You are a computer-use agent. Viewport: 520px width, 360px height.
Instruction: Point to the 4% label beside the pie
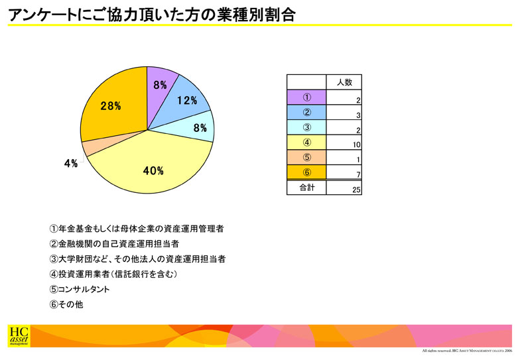(x=70, y=163)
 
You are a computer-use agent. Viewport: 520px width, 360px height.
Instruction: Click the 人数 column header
(x=344, y=82)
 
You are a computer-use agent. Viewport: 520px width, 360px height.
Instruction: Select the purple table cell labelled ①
(x=306, y=97)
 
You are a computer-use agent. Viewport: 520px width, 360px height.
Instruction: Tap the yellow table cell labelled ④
(x=306, y=143)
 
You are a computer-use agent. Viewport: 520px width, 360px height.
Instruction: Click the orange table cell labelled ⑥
(x=306, y=172)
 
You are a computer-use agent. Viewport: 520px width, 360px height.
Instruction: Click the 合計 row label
(x=306, y=188)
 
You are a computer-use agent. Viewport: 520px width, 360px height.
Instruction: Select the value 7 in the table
(x=358, y=175)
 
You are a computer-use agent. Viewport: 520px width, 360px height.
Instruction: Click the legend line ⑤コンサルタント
(x=80, y=289)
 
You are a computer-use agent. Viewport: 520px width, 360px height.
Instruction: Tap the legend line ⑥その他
(x=66, y=304)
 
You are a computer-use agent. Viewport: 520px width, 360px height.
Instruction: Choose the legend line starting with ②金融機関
(x=114, y=244)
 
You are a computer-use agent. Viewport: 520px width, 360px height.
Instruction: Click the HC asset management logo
(x=19, y=336)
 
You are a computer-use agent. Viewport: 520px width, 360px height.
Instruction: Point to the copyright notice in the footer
(x=467, y=351)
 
